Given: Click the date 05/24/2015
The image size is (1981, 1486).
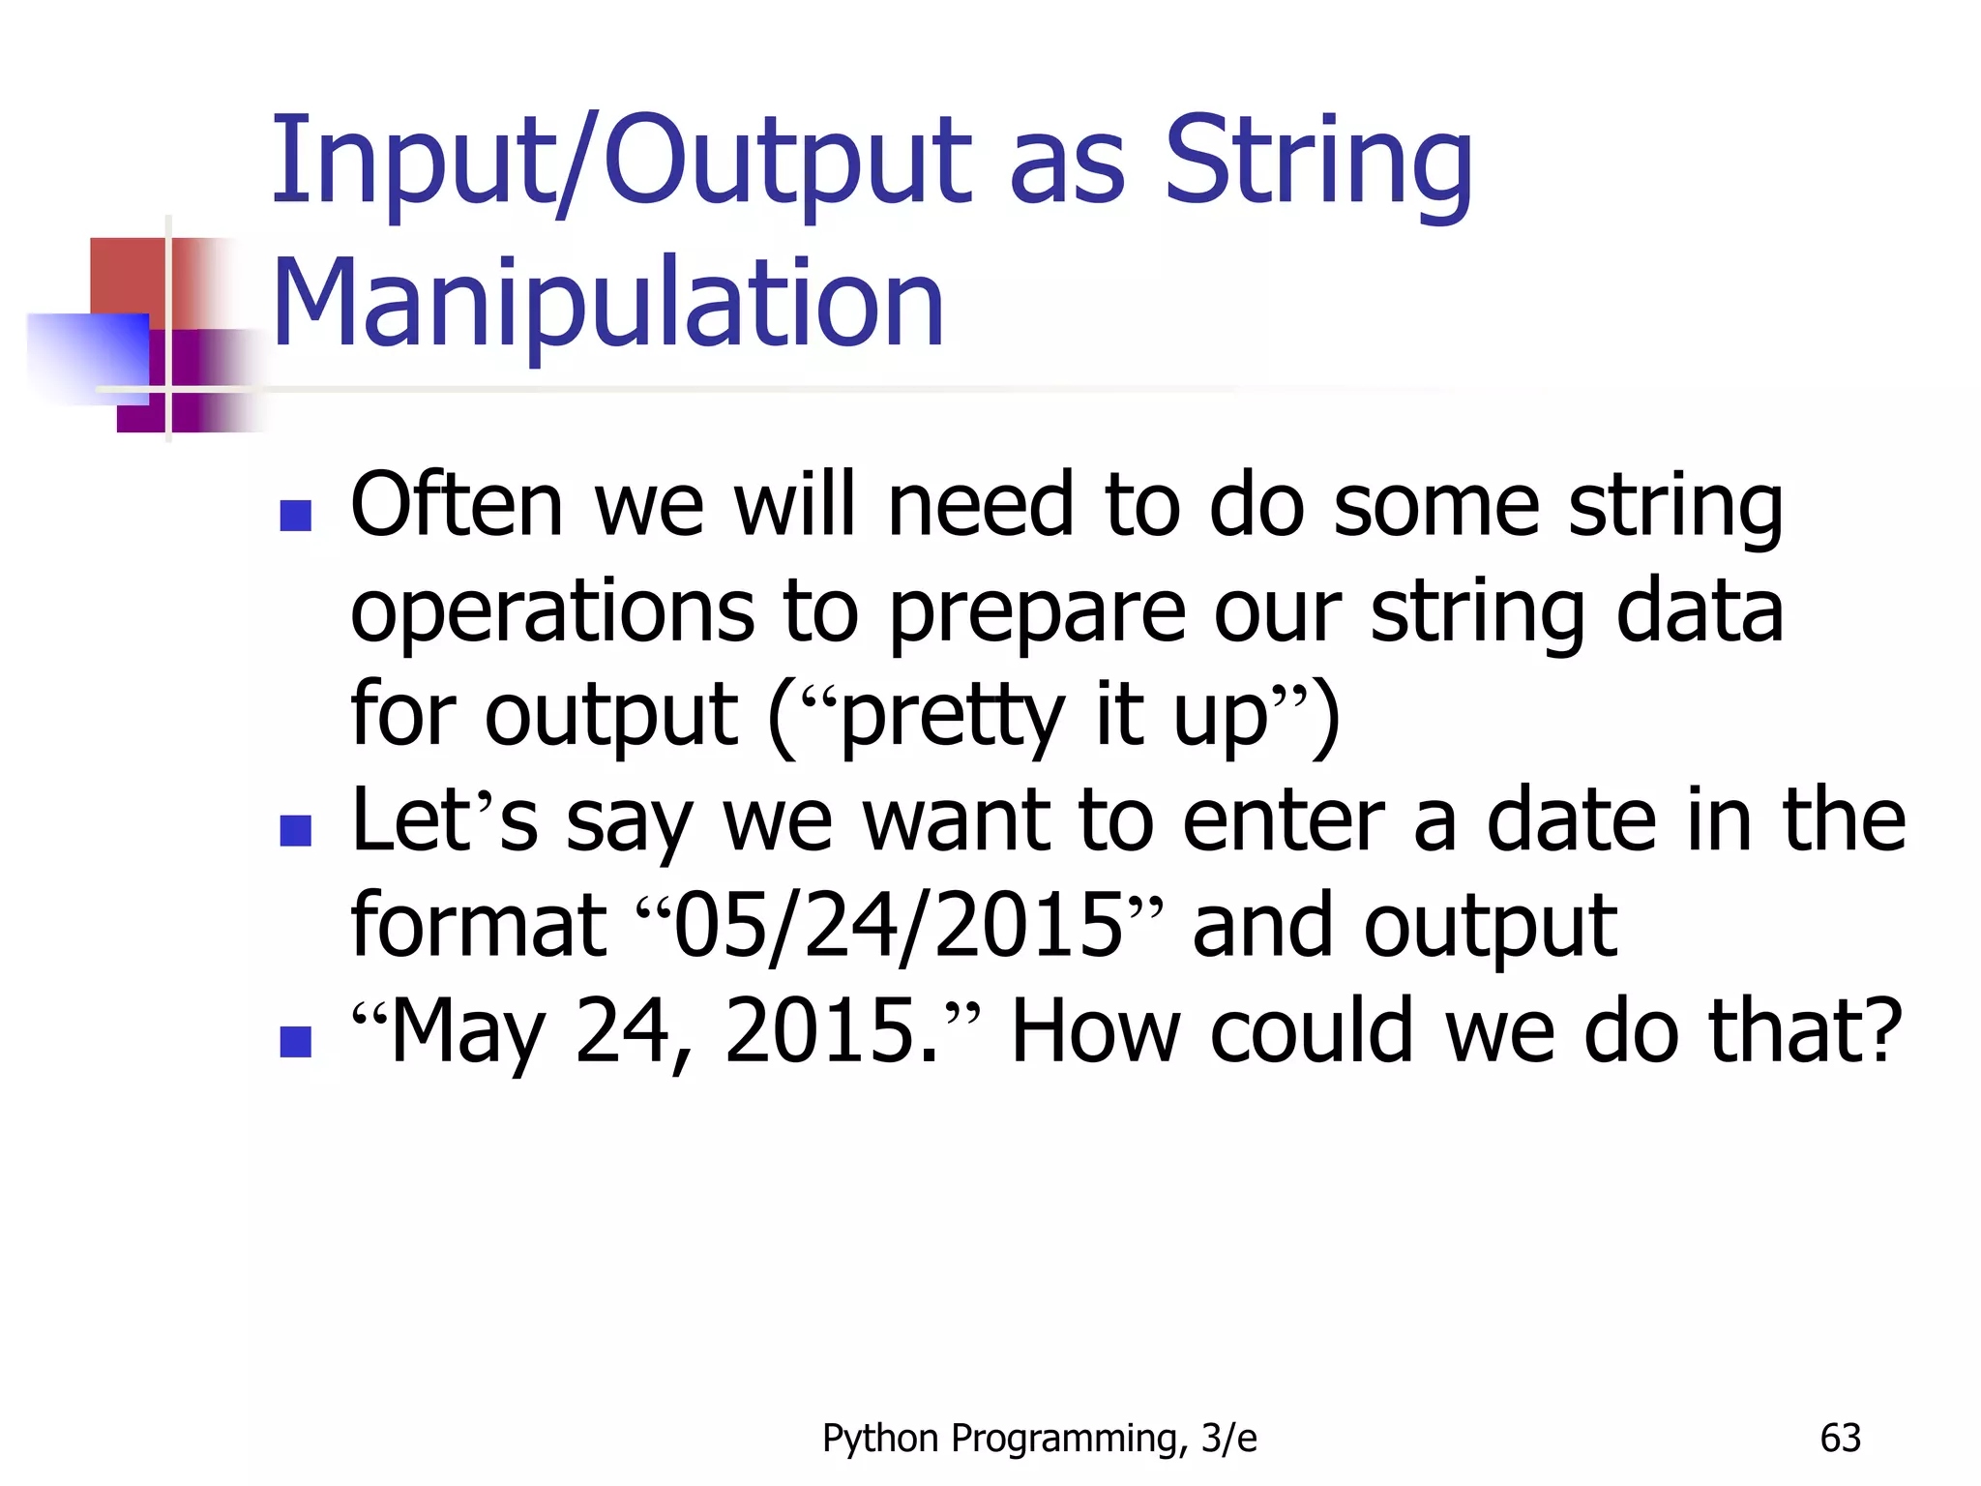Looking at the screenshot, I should tap(897, 926).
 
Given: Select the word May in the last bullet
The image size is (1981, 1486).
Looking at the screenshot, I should tap(467, 1031).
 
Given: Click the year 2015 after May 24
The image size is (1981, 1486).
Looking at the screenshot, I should tap(830, 1031).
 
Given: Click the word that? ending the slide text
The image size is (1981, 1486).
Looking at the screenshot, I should tap(1805, 1031).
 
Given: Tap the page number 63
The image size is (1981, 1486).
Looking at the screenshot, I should tap(1840, 1439).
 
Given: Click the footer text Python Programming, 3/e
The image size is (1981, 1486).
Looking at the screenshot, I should tap(1039, 1439).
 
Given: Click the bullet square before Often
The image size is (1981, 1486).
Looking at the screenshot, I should tap(295, 516).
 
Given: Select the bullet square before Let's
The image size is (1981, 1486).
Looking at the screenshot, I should tap(295, 830).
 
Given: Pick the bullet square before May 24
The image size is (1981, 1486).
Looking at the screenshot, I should tap(295, 1042).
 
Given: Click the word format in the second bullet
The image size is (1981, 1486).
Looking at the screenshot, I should tap(478, 926).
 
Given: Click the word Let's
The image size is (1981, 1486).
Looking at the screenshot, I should tap(444, 821).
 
